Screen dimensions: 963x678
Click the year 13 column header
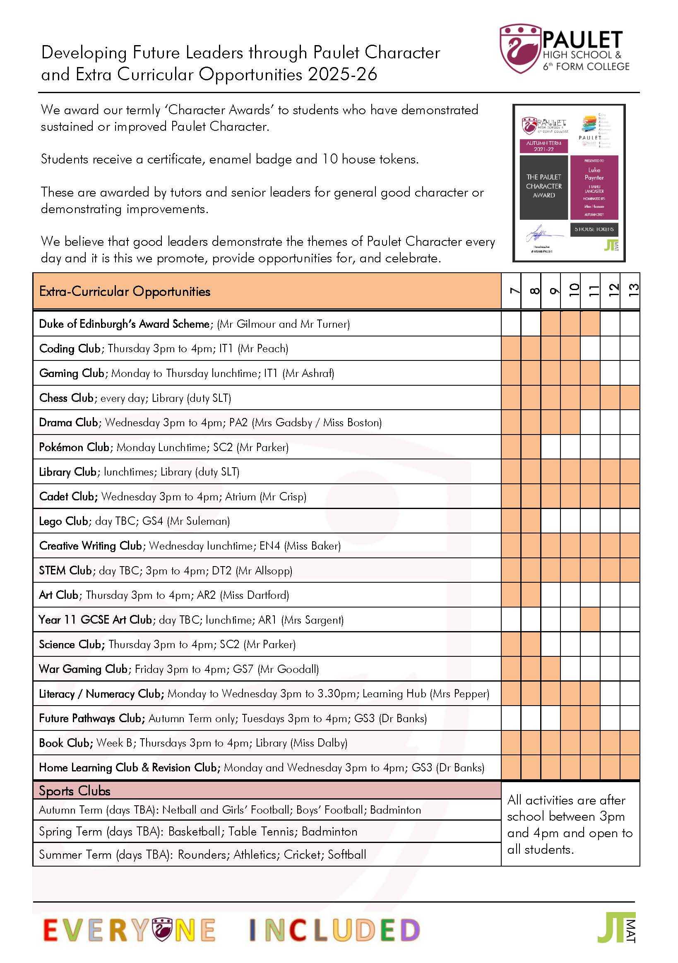pos(630,291)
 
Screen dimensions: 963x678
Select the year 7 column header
pos(511,291)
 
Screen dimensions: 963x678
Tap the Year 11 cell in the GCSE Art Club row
pos(590,620)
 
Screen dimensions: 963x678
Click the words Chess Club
pos(66,398)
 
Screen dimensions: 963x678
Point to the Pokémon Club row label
pos(74,447)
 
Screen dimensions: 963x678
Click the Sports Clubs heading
pos(74,790)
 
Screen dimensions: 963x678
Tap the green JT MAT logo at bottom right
pos(616,927)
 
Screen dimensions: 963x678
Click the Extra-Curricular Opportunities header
pos(125,291)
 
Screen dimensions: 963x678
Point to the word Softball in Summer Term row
pos(346,855)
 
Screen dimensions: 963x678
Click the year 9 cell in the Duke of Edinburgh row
pos(551,323)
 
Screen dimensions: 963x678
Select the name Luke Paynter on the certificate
pos(594,174)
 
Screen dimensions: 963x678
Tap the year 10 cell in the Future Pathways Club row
pos(571,718)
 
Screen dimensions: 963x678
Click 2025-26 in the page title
pos(342,74)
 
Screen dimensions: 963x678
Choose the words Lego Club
pos(64,521)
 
